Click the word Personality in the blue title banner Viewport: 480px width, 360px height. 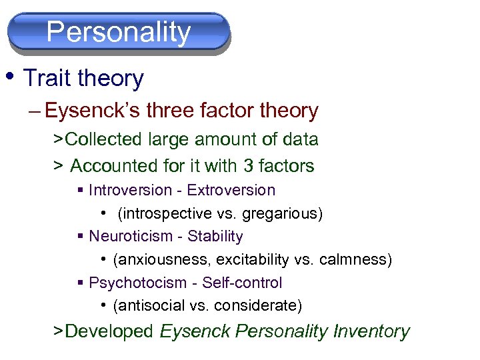pos(119,32)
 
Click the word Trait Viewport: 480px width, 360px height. pos(47,79)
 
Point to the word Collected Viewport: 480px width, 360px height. pos(104,139)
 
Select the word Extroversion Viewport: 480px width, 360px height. pos(231,190)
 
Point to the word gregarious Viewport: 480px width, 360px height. pos(283,213)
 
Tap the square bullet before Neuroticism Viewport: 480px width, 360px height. pos(81,237)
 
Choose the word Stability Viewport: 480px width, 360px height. pos(215,236)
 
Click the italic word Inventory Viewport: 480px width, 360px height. pos(371,331)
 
